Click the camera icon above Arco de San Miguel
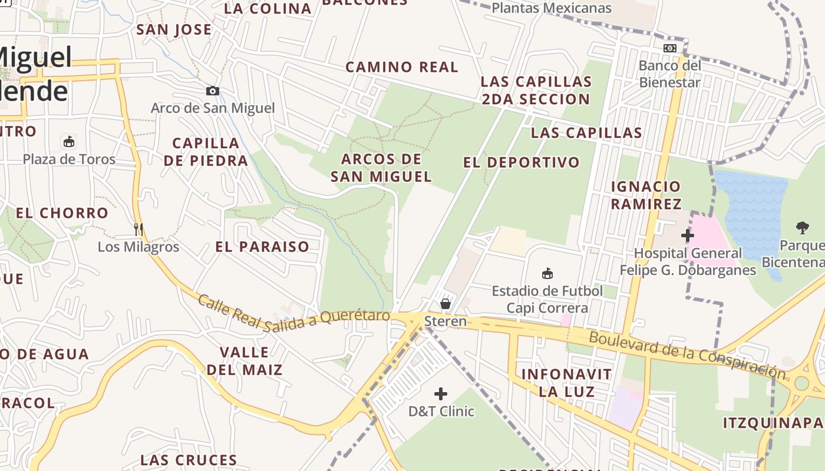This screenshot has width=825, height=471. coord(213,91)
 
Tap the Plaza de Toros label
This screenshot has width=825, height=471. coord(69,159)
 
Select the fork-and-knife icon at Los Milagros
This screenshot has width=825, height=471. coord(138,229)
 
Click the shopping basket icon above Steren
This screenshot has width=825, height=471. coord(445,304)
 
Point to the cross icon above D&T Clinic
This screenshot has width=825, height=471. coord(441,394)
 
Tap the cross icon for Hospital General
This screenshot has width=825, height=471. coord(687,235)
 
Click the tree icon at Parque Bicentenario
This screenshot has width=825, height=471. coord(802,227)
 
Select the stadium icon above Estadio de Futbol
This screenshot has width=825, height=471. coord(547,273)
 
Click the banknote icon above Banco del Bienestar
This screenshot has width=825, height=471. coord(670,48)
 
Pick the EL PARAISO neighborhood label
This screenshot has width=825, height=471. coord(262,247)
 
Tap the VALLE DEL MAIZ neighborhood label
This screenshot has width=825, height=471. coord(245,361)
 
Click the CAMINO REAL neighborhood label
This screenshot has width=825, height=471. coord(402,67)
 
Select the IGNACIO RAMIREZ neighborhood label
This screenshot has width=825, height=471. coord(646,195)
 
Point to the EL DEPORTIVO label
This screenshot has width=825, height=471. coord(522,162)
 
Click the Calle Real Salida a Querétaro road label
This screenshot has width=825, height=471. coord(293,313)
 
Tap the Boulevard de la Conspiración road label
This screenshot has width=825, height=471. coord(687,355)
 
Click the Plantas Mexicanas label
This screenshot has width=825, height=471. coord(552,8)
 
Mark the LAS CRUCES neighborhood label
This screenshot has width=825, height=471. coord(189,460)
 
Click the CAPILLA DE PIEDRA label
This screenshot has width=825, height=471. coord(206,152)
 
